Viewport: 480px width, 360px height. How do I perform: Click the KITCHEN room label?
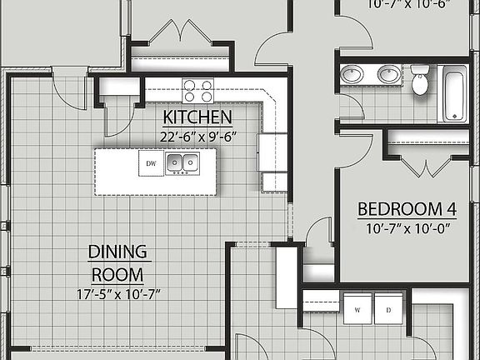click(197, 117)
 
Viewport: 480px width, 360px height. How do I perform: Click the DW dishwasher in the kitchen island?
click(152, 162)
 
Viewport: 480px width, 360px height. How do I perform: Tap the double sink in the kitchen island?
click(182, 162)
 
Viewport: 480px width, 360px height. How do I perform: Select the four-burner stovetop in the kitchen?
click(197, 89)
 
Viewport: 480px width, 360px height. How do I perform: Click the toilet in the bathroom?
click(420, 82)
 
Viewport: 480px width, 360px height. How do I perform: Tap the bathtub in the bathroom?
click(454, 92)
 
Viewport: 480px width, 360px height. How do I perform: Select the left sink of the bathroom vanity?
click(353, 75)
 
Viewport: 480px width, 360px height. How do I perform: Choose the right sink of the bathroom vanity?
click(387, 75)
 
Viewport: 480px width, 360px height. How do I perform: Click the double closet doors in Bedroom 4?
click(425, 166)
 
